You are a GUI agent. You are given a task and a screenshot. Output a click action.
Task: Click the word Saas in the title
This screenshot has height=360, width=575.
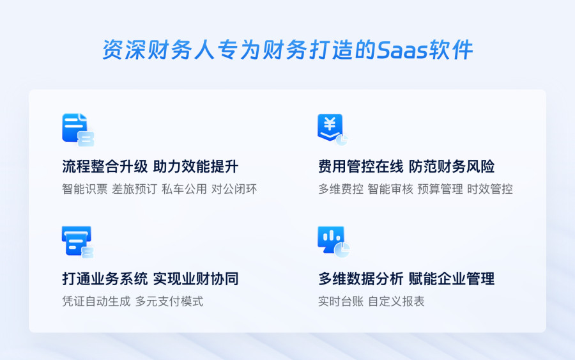pos(402,50)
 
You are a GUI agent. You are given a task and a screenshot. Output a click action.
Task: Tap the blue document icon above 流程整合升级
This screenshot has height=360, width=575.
pos(78,130)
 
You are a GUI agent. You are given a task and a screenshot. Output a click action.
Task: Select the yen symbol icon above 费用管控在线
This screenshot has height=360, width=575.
pos(332,129)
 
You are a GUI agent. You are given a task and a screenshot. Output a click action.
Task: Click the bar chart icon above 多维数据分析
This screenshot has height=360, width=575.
pos(333,242)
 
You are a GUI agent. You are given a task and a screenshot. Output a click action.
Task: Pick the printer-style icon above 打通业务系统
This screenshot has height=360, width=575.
pos(78,242)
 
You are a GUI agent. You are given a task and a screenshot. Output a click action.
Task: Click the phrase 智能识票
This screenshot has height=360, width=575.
pos(85,189)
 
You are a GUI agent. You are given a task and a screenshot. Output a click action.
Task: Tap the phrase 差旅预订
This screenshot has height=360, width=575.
pos(135,189)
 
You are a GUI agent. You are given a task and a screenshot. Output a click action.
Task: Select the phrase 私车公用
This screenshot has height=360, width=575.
pos(185,189)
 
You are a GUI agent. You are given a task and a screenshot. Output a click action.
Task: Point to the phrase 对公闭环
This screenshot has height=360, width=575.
pos(234,189)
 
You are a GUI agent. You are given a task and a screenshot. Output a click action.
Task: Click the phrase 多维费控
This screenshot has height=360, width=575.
pos(341,189)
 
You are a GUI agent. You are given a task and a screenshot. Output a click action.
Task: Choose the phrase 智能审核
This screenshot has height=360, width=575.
pos(390,189)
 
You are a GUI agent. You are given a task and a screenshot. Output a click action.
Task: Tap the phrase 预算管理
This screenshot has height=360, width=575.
pos(440,189)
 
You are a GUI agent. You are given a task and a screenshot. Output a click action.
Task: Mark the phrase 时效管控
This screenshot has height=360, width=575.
pos(490,189)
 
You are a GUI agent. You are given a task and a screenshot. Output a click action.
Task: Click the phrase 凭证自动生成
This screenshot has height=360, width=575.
pos(96,301)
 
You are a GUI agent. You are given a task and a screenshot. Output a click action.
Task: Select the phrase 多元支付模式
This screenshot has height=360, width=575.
pos(169,301)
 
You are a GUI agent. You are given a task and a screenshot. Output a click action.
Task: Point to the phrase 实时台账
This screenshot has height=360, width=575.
pos(341,301)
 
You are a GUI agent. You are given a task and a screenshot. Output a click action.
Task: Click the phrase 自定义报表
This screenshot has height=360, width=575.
pos(396,301)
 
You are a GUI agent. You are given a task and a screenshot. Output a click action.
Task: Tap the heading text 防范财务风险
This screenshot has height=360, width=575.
pos(452,167)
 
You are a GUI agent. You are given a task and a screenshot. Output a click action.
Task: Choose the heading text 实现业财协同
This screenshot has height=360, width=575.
pos(196,279)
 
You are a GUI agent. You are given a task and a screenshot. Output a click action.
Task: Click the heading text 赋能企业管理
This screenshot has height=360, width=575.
pos(452,279)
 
